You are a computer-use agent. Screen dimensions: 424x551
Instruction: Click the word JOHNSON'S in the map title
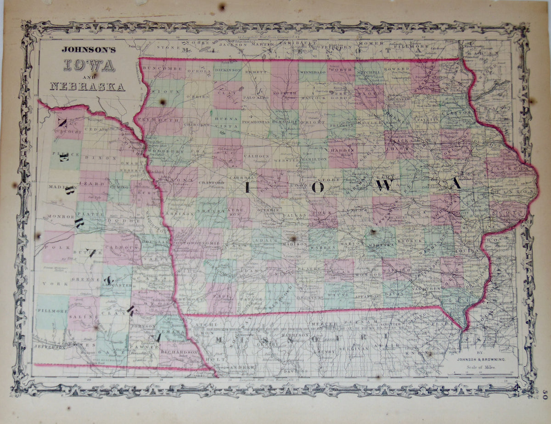click(x=89, y=50)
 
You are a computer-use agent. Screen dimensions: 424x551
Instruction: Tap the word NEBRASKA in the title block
click(x=87, y=86)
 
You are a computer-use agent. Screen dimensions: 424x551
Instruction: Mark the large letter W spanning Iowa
click(x=386, y=185)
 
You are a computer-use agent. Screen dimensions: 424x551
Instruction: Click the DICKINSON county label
click(x=227, y=70)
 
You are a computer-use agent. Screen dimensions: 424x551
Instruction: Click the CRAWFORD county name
click(x=211, y=182)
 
